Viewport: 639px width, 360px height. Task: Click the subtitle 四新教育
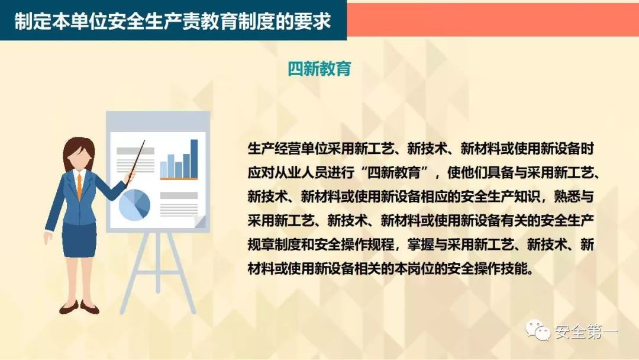[319, 69]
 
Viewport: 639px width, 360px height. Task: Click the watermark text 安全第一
[586, 332]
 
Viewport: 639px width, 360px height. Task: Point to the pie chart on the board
[134, 204]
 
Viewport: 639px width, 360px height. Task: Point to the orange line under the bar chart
[179, 178]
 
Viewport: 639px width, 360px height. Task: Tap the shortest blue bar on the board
[163, 168]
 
